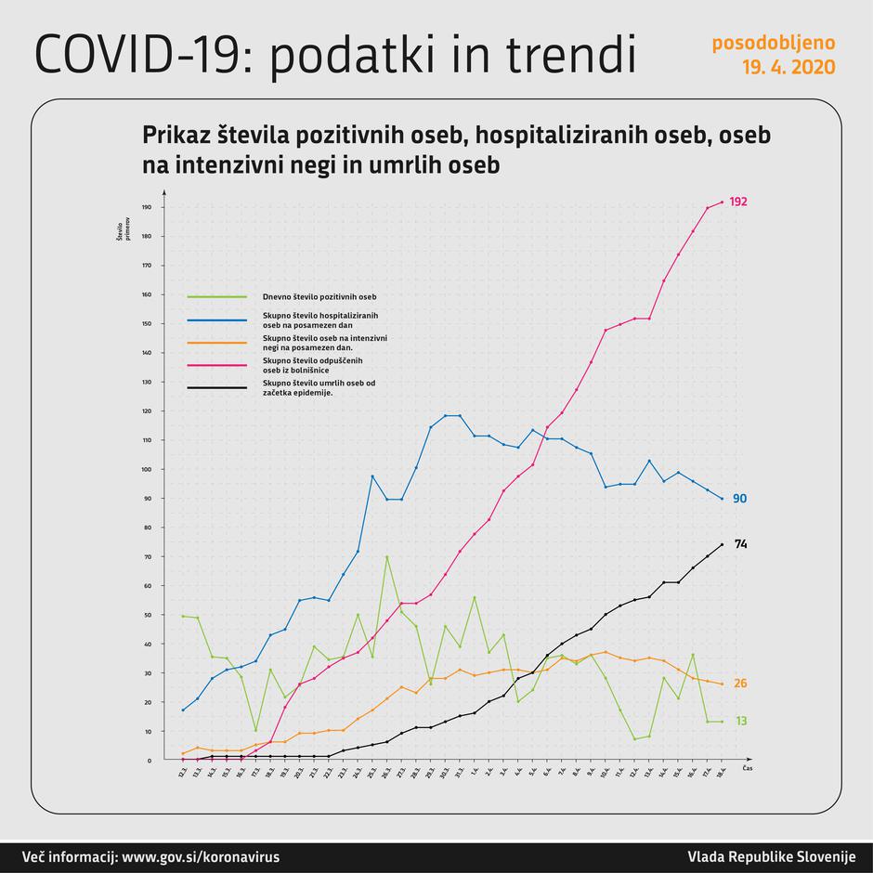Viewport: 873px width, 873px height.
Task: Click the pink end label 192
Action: point(738,202)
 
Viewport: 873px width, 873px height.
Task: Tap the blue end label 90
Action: point(739,499)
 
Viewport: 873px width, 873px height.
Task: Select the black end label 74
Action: point(740,544)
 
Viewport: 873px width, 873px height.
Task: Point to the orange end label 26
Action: point(740,684)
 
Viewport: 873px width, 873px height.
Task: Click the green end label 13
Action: point(740,721)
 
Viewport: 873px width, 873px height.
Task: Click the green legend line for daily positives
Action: point(216,297)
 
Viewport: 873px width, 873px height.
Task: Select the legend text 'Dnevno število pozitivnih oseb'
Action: point(319,297)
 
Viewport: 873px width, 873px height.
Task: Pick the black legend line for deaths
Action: point(216,386)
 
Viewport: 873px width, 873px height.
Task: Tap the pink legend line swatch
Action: point(216,364)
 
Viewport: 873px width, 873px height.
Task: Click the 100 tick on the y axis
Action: point(146,469)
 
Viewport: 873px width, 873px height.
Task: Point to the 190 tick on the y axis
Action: point(146,207)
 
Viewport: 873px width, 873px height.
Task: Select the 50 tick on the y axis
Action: point(147,615)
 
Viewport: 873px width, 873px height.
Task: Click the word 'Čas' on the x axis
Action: point(747,770)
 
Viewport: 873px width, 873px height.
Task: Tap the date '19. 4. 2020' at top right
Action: point(788,68)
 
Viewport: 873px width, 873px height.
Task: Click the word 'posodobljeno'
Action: point(773,43)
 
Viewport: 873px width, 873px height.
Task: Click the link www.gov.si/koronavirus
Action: point(201,856)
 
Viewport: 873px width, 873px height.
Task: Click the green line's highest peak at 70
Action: point(386,556)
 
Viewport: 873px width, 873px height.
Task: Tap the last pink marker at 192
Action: point(722,202)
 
